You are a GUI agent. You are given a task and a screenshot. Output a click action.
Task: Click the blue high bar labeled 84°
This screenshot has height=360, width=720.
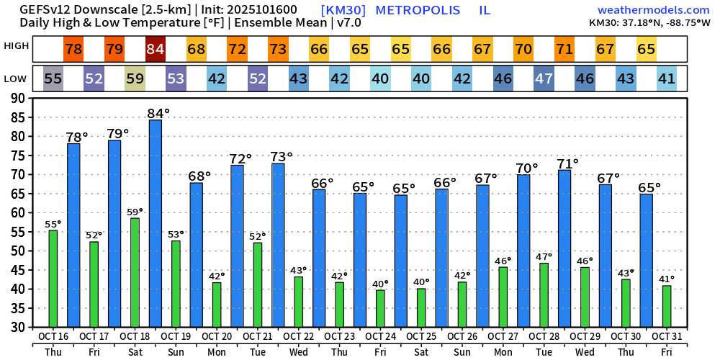coord(156,223)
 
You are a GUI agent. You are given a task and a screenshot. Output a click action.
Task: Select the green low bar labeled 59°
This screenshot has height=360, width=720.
coord(135,272)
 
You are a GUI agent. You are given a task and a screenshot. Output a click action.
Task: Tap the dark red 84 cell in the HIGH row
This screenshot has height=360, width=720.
coord(156,50)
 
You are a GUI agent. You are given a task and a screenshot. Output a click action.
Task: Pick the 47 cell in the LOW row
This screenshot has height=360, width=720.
coord(544,78)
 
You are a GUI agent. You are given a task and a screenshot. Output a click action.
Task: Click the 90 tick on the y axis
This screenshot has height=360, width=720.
coord(20,98)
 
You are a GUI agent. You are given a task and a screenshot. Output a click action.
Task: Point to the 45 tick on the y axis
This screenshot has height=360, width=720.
coord(20,270)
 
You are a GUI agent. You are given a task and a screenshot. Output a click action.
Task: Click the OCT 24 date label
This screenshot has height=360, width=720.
coord(380,337)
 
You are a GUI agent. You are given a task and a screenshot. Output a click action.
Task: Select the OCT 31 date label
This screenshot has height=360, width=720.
coord(667,337)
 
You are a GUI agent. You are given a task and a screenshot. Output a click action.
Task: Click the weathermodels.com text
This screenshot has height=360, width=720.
coord(654,10)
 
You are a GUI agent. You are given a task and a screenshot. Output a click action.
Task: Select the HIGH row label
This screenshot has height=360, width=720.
coord(17,46)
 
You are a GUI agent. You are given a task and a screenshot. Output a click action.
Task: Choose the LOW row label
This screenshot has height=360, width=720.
coord(17,78)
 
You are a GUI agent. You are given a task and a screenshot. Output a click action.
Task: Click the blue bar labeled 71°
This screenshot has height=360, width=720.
coord(564,248)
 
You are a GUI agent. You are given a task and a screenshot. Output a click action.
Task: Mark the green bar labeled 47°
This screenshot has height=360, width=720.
coord(544,295)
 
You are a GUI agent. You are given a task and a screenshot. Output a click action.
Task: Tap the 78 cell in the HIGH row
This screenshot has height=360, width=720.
coord(73,50)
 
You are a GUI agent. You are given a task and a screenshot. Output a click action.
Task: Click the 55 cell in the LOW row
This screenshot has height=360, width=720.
coord(53,78)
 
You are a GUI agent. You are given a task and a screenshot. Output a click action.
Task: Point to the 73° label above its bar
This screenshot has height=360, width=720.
coord(281,156)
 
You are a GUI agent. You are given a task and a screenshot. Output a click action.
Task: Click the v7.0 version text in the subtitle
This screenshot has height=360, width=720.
coord(348,23)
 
